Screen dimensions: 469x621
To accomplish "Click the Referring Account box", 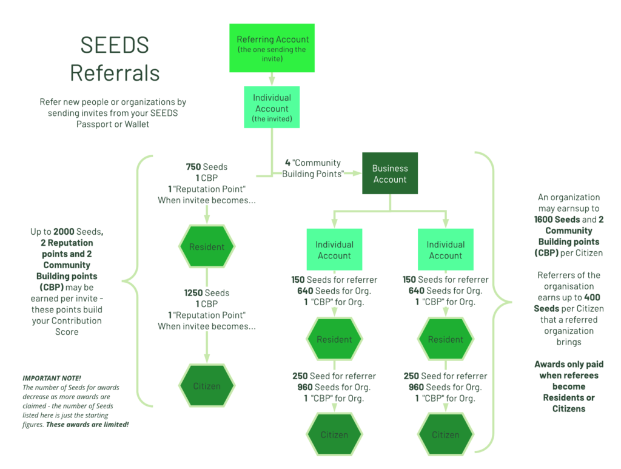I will coord(272,49).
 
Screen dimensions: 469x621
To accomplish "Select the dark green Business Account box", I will coord(389,174).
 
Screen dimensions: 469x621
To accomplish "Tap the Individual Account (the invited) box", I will coord(272,108).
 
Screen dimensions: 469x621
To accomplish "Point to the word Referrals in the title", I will coord(115,73).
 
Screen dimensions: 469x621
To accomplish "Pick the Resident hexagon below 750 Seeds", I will coord(206,247).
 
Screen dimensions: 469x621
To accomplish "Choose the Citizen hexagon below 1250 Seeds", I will coord(206,386).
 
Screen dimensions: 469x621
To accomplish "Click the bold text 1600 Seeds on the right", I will coord(557,220).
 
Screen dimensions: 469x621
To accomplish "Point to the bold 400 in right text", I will coord(592,298).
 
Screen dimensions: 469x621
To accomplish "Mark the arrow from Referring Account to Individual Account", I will coord(272,78).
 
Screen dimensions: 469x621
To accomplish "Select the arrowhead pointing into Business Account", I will coord(356,173).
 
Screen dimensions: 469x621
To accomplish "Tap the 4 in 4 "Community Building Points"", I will coord(288,163).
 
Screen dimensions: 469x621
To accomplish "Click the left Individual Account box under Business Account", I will coord(334,250).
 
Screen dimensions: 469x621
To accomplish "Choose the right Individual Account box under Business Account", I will coord(446,250).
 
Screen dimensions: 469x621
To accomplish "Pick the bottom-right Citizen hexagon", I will coord(446,434).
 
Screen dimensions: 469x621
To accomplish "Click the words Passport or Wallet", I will coord(113,124).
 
